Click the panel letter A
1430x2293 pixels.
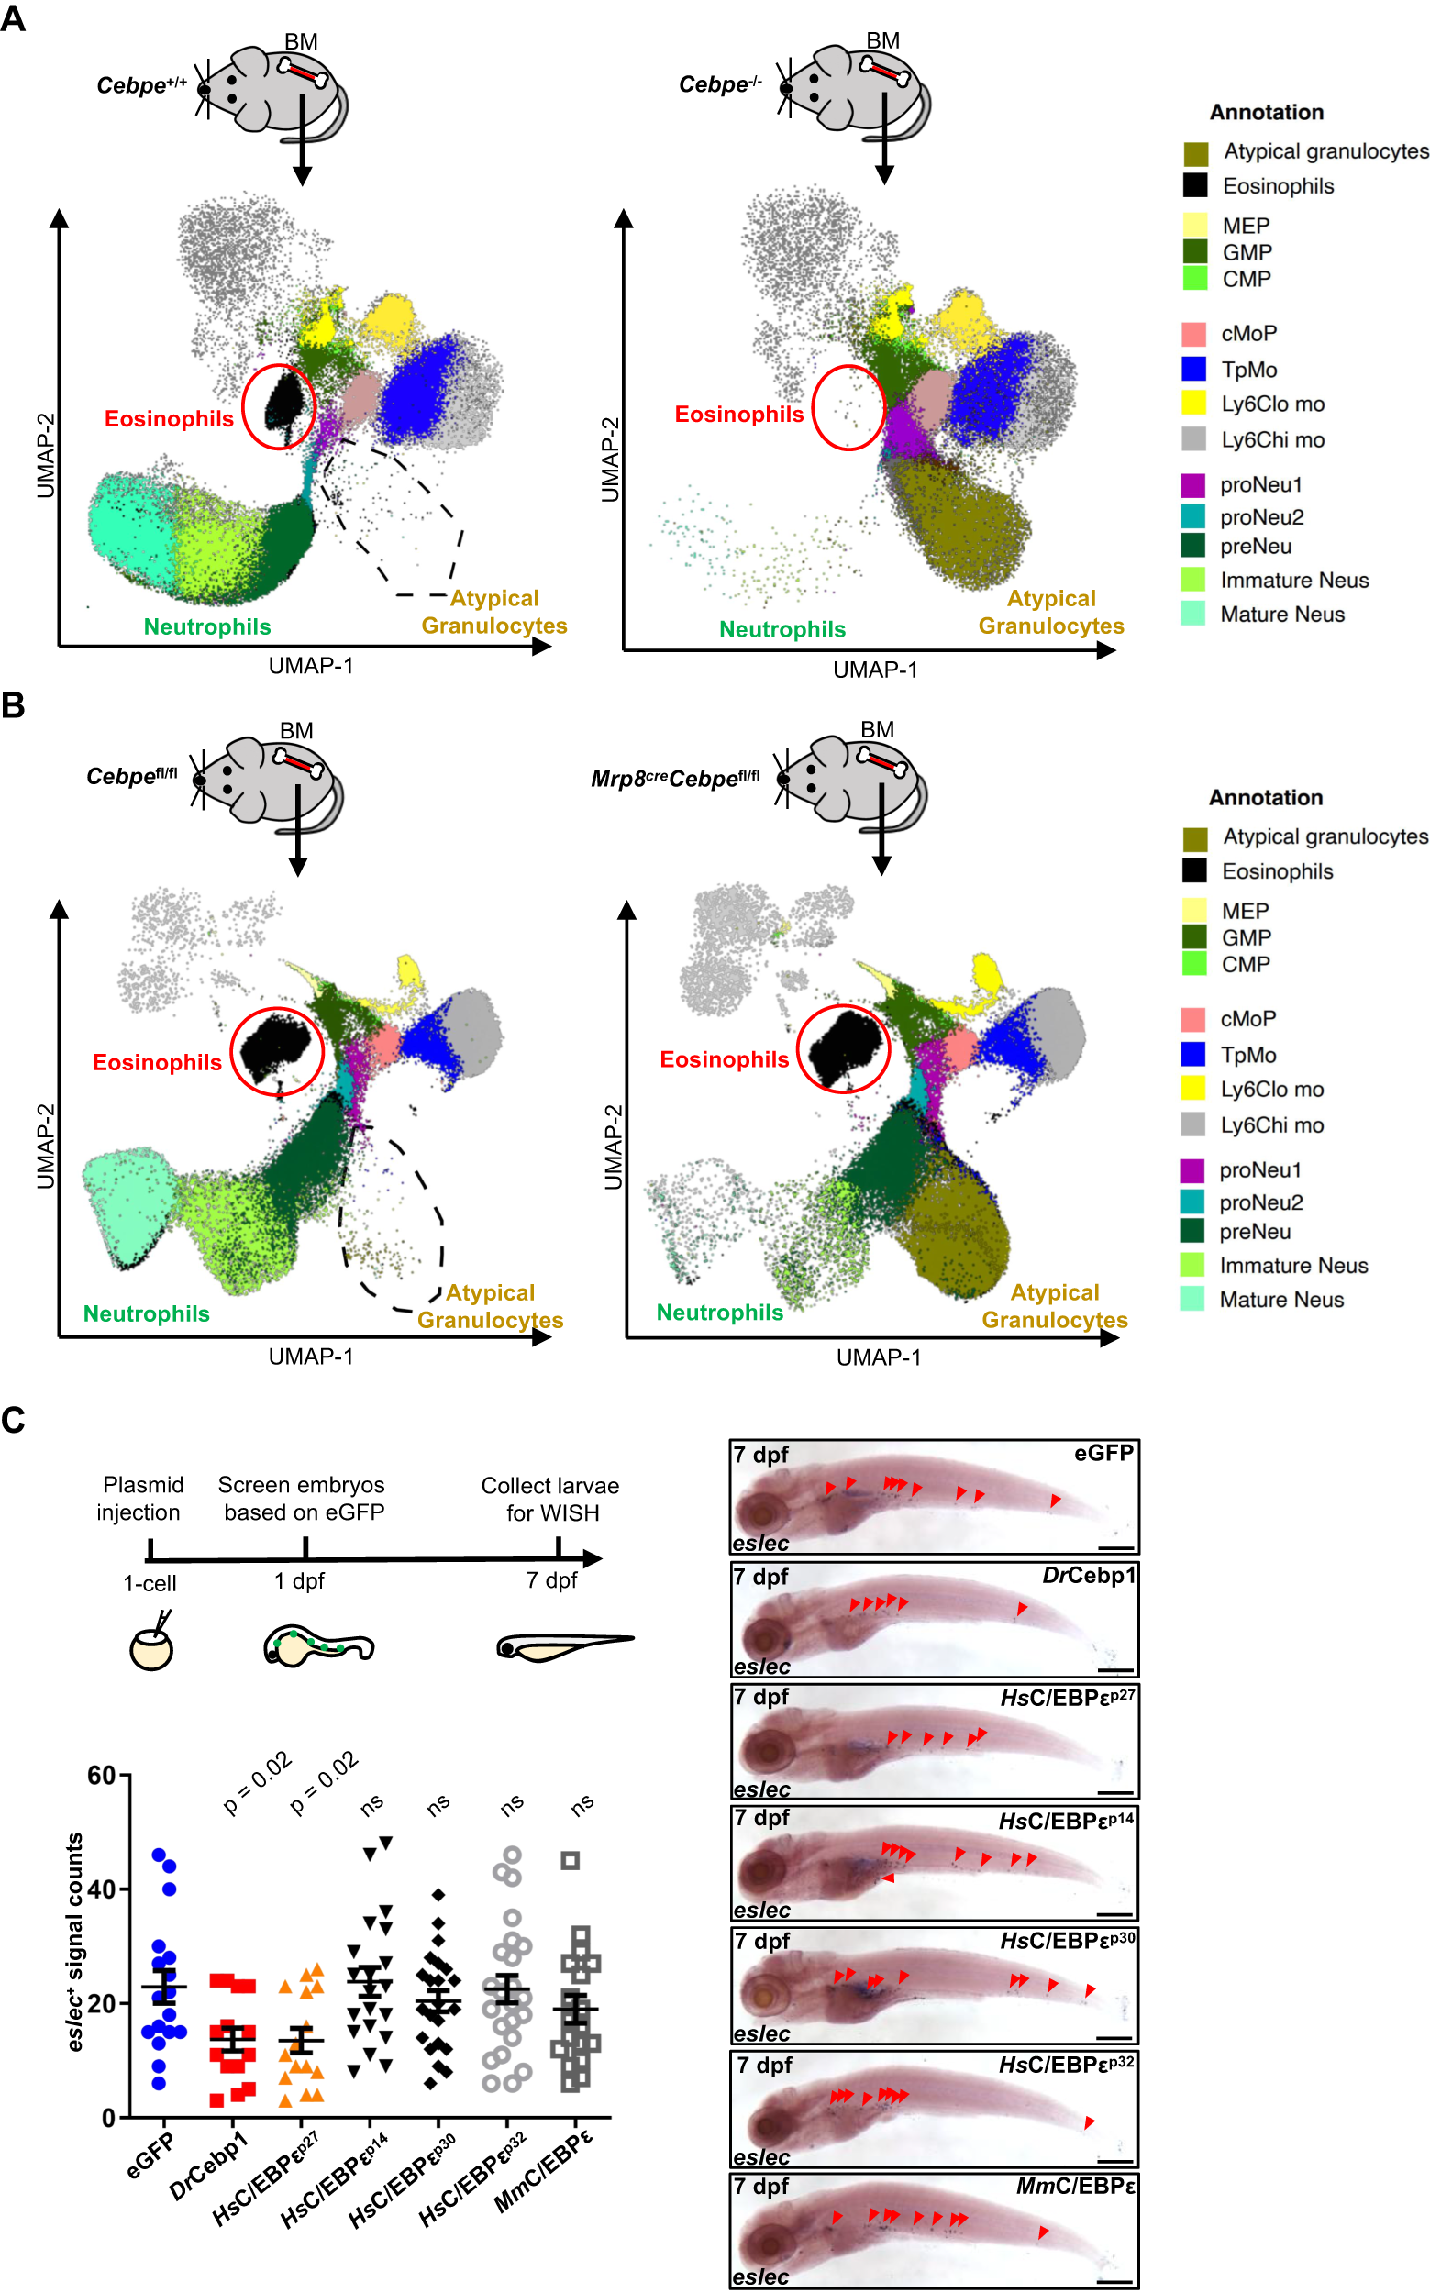click(x=13, y=18)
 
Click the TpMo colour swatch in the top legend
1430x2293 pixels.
click(x=1193, y=369)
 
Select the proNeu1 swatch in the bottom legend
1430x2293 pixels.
click(x=1192, y=1169)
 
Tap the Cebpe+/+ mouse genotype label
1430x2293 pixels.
click(x=142, y=85)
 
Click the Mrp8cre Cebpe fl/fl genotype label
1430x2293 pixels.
click(x=674, y=778)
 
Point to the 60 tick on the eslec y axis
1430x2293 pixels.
click(x=102, y=1775)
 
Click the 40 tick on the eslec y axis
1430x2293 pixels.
click(x=102, y=1889)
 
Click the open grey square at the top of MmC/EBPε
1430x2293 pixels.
click(x=570, y=1860)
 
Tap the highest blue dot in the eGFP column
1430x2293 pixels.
click(x=159, y=1855)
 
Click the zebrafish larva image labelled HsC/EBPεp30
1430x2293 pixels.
click(x=934, y=1985)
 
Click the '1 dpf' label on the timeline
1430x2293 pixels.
click(x=300, y=1580)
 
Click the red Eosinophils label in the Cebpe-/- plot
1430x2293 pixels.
click(x=738, y=414)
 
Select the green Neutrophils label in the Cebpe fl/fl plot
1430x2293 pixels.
click(x=147, y=1313)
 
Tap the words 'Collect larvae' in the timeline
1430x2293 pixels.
click(x=549, y=1486)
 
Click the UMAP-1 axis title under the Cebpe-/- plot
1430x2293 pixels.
click(x=875, y=670)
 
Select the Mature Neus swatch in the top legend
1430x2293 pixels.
click(x=1193, y=614)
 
